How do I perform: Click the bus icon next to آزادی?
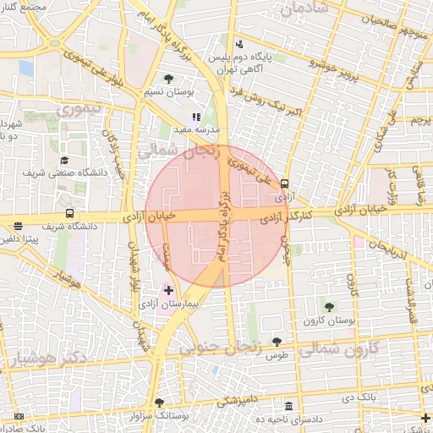284,182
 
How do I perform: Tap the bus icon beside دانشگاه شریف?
68,215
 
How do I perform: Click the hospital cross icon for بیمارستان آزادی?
168,290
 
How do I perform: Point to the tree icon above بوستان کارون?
329,307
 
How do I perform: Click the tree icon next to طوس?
277,342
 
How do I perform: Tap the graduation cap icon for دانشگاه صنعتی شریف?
64,161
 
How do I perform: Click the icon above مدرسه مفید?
196,117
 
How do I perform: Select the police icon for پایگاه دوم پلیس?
239,43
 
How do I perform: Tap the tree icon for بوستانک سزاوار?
158,403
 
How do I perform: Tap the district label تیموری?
77,109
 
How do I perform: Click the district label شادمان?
304,10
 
